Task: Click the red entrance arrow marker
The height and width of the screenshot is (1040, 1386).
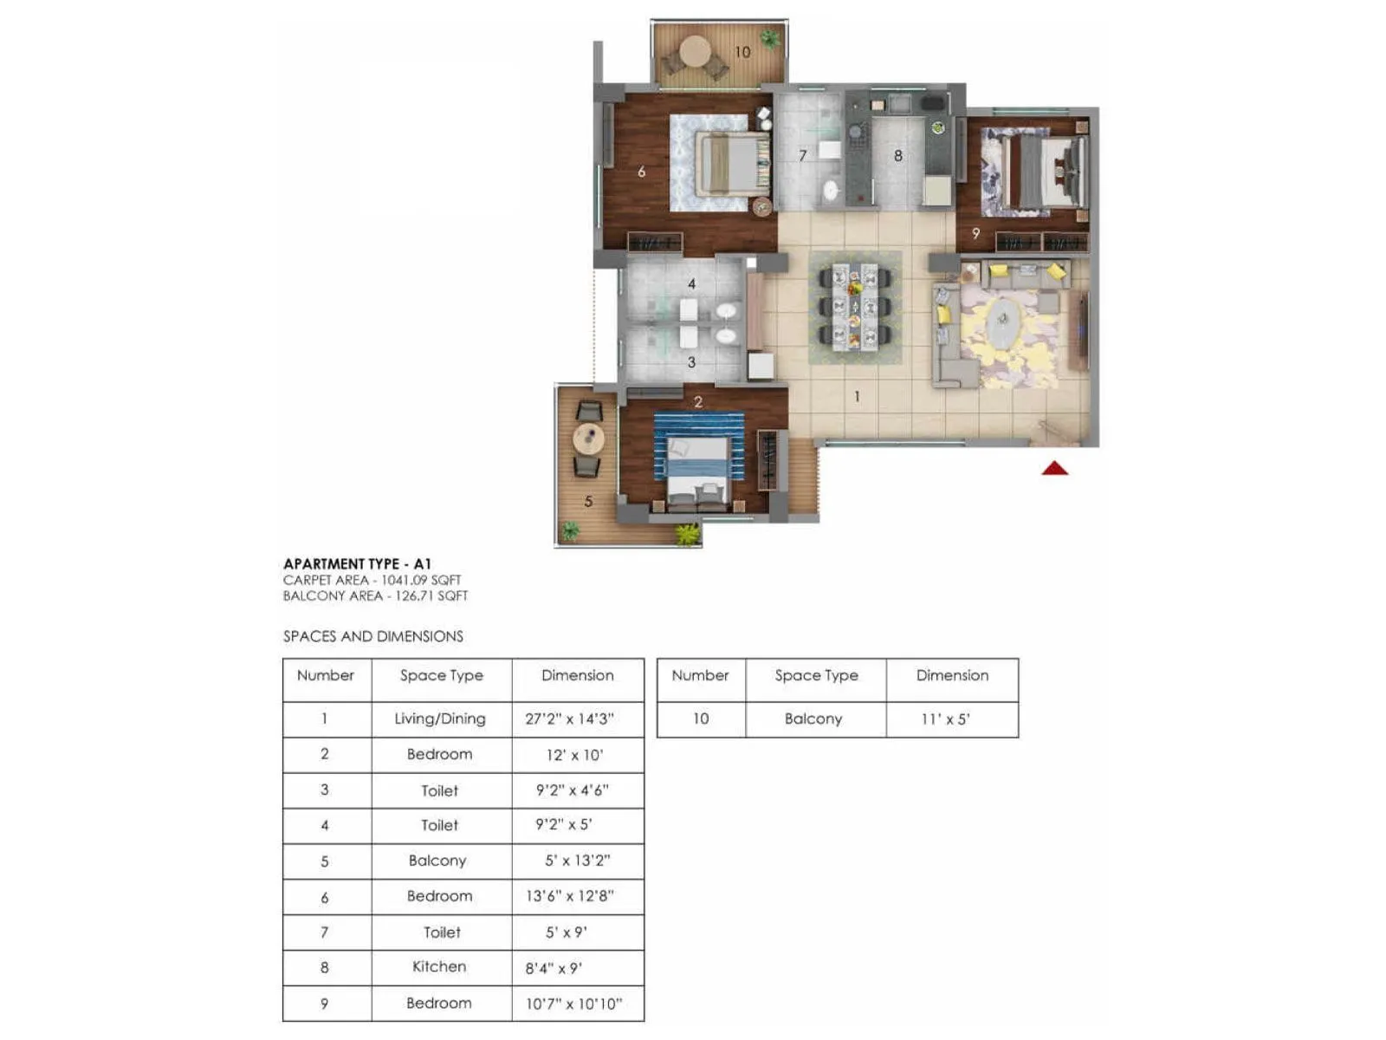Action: coord(1054,469)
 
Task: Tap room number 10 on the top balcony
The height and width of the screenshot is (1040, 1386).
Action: coord(742,52)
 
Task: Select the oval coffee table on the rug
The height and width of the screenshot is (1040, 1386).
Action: coord(1002,323)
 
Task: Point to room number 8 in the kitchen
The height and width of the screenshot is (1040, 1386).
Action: coord(898,156)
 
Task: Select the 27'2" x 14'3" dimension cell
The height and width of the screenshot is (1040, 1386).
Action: coord(569,718)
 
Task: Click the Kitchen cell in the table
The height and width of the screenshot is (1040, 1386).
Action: coord(439,966)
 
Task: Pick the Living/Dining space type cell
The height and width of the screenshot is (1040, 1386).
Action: coord(440,718)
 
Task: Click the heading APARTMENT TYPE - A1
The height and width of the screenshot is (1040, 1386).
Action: coord(357,563)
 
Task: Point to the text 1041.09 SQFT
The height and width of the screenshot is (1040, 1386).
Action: coord(421,580)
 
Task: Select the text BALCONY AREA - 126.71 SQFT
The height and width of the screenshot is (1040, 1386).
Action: coord(375,595)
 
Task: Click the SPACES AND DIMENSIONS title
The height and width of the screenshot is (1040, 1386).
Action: coord(373,636)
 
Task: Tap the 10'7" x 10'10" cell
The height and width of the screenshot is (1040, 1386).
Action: coord(573,1004)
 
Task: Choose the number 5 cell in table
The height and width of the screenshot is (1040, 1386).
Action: coord(325,861)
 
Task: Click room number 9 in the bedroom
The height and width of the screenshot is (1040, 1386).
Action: coord(976,233)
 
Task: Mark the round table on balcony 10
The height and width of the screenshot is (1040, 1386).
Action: coord(695,51)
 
